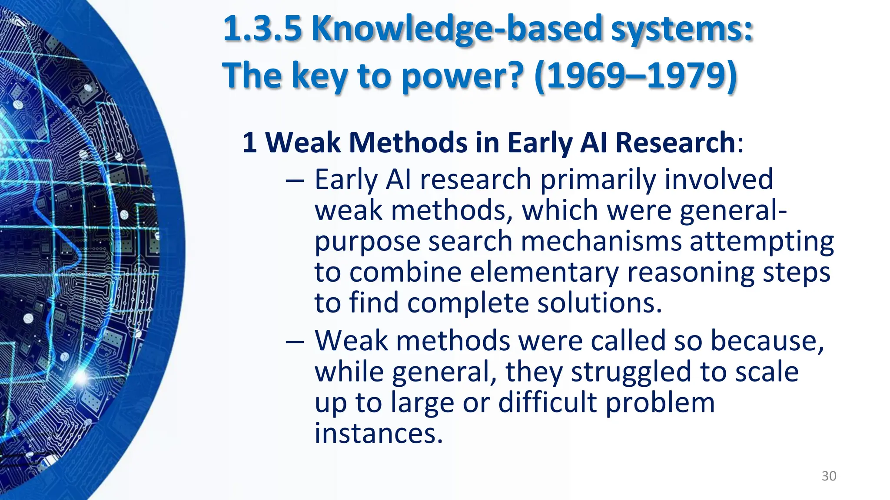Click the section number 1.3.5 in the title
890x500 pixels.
point(262,29)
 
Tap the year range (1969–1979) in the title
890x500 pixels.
point(636,76)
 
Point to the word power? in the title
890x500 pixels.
point(462,76)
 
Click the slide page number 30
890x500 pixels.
point(829,476)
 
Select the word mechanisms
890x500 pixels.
point(601,241)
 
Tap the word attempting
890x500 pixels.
point(762,242)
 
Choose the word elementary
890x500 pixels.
point(544,273)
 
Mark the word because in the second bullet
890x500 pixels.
point(767,341)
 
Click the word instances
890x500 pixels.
point(379,433)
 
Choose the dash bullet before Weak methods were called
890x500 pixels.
point(295,342)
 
